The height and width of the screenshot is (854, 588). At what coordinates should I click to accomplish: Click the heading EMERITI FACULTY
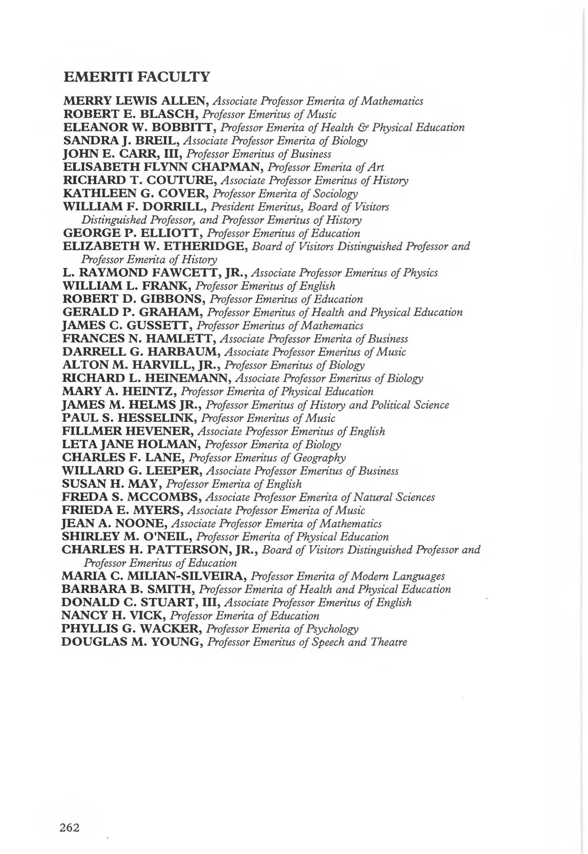(x=137, y=77)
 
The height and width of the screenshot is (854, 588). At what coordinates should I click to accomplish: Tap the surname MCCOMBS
(x=164, y=497)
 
